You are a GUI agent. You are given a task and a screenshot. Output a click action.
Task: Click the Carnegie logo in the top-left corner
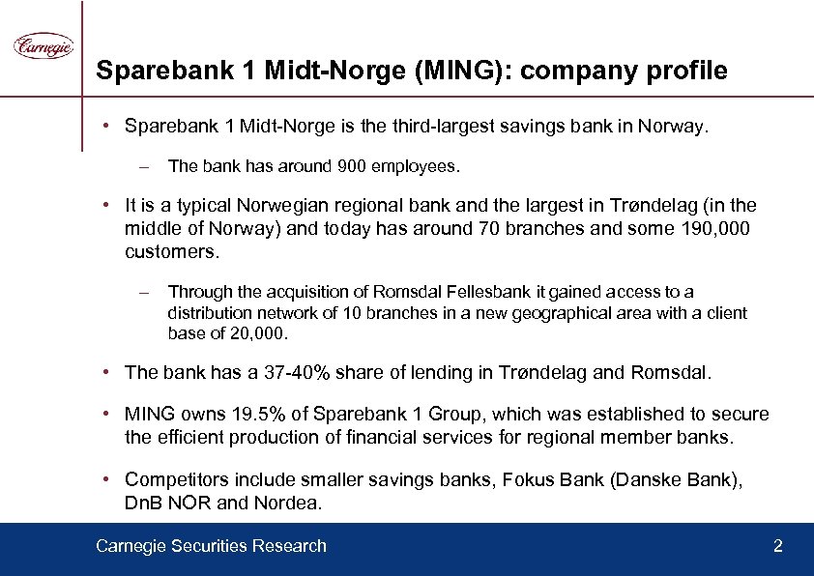(x=44, y=45)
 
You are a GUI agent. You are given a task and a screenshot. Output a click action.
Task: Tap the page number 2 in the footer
(x=778, y=547)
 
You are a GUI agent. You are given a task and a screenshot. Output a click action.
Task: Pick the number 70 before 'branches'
(x=490, y=229)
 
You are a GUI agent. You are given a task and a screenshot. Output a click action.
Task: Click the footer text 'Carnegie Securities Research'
(x=211, y=547)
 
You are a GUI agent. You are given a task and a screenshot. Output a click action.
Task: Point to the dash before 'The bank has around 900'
(x=143, y=167)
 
